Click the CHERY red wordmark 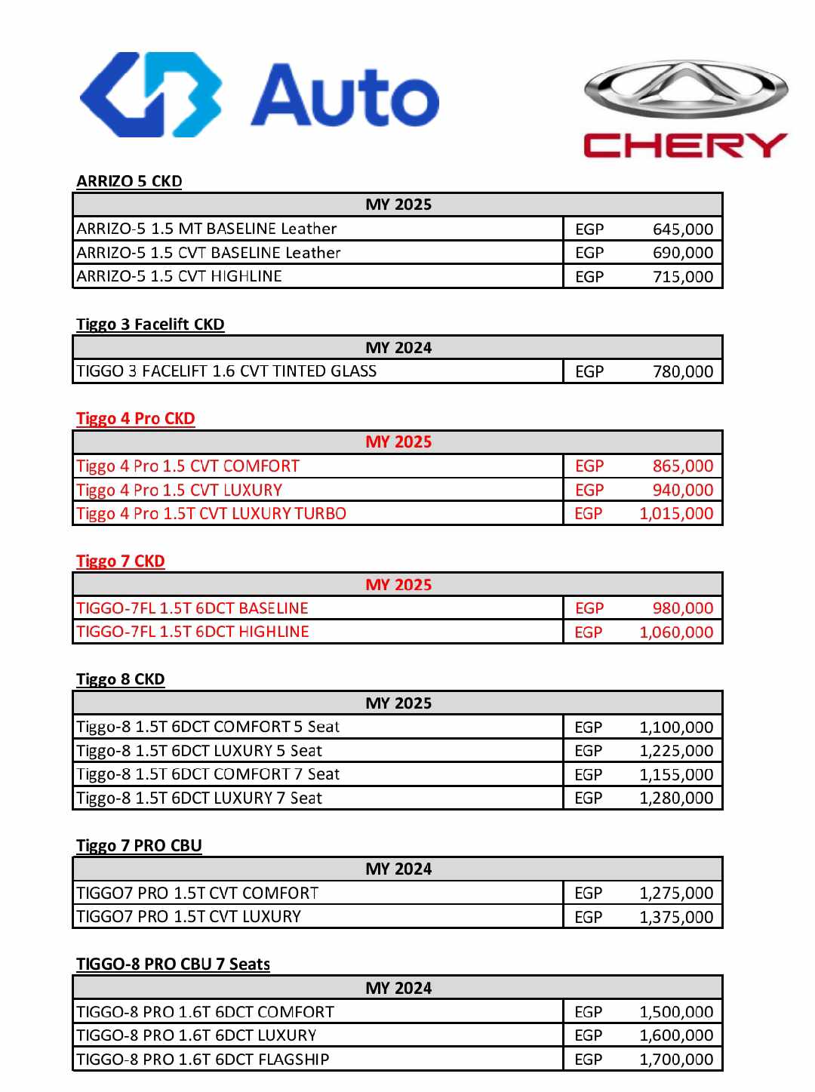(685, 145)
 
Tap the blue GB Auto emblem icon (151, 95)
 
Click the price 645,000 (682, 229)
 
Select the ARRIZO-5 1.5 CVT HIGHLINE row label (180, 276)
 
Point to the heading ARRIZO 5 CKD (129, 181)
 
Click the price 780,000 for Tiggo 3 (682, 371)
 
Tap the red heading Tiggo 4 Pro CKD (136, 419)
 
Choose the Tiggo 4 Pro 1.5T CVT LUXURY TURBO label (211, 514)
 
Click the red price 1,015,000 (675, 514)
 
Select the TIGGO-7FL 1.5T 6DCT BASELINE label (192, 608)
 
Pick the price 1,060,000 (675, 632)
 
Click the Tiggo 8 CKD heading (121, 679)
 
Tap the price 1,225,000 (675, 751)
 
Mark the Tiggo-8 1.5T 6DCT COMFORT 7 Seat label (208, 774)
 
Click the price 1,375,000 (675, 917)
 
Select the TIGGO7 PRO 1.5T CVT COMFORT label (198, 894)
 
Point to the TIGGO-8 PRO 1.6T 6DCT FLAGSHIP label (203, 1060)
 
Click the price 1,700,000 (675, 1060)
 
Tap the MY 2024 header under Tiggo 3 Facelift (398, 348)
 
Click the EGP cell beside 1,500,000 (589, 1012)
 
